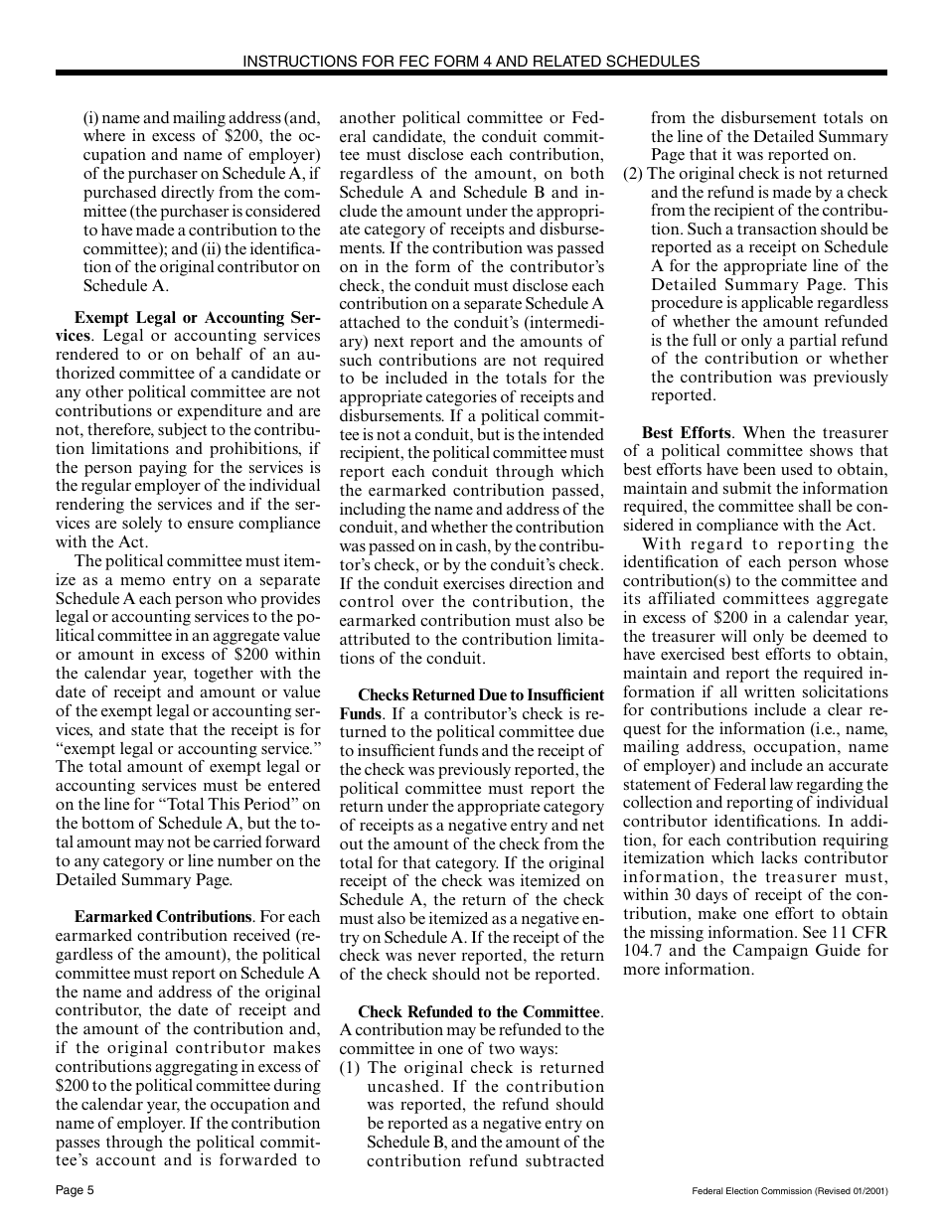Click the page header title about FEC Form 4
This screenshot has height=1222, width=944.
coord(471,61)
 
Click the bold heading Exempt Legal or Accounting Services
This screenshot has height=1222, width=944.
coord(197,319)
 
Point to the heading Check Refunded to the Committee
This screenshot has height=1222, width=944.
coord(480,1012)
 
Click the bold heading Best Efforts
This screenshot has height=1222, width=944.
coord(686,433)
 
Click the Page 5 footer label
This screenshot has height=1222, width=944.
coord(75,1190)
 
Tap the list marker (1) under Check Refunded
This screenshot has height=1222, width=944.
coord(350,1068)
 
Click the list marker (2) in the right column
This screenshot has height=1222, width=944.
coord(633,174)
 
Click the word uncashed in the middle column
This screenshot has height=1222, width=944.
coord(404,1087)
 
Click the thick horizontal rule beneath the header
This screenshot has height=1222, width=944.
coord(471,74)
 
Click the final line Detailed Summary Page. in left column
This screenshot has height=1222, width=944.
coord(144,880)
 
